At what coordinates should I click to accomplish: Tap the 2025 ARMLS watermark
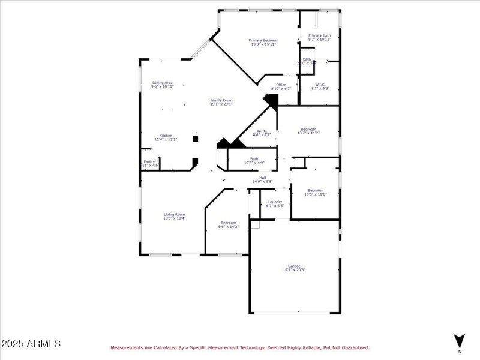point(31,344)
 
